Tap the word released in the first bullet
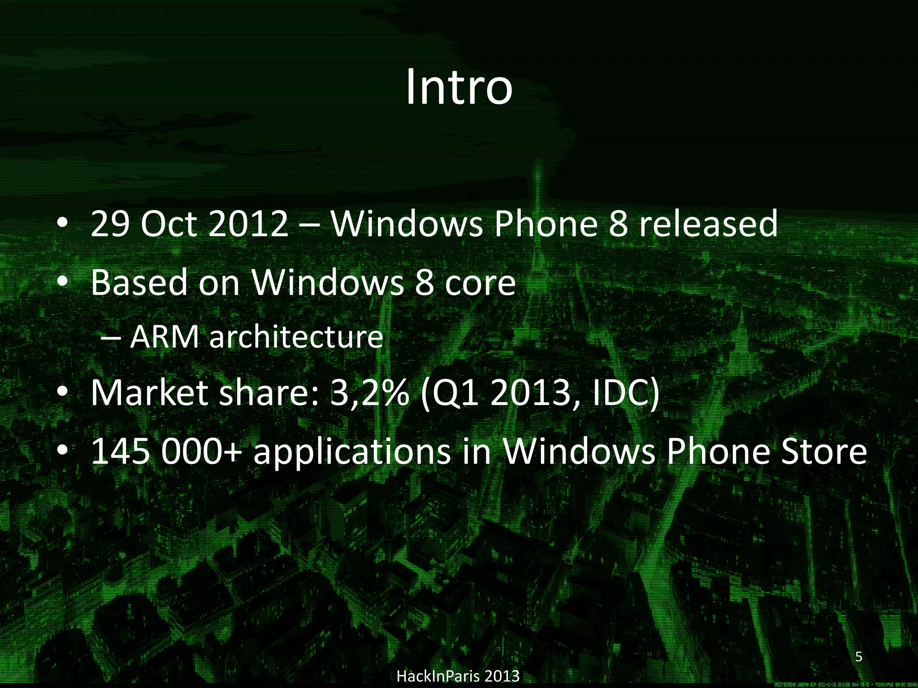coord(708,224)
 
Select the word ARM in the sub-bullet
coord(164,337)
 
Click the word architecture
coord(296,337)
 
